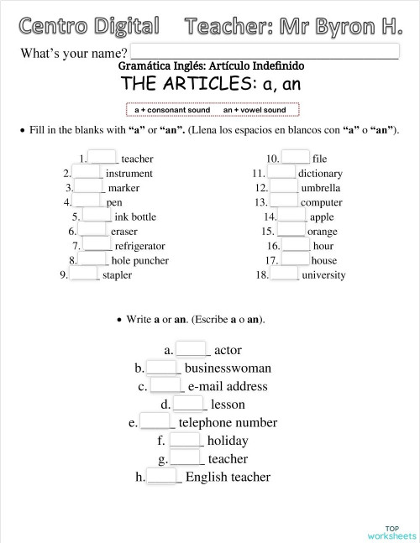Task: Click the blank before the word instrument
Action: [x=87, y=173]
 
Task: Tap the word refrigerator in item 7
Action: [x=139, y=246]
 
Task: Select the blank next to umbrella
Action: [x=284, y=188]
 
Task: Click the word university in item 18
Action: [x=323, y=275]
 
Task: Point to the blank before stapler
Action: [x=84, y=274]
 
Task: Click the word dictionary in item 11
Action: [x=320, y=174]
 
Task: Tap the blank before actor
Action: [x=192, y=349]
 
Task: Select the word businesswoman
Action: [x=228, y=368]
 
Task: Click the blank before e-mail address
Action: [x=166, y=385]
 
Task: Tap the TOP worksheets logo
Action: [x=391, y=532]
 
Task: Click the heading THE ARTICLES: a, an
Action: [x=211, y=84]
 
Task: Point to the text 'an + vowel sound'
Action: [x=255, y=110]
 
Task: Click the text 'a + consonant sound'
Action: [x=172, y=110]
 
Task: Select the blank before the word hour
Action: [x=295, y=246]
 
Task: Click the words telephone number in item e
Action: [x=228, y=422]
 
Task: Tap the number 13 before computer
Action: [x=261, y=202]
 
